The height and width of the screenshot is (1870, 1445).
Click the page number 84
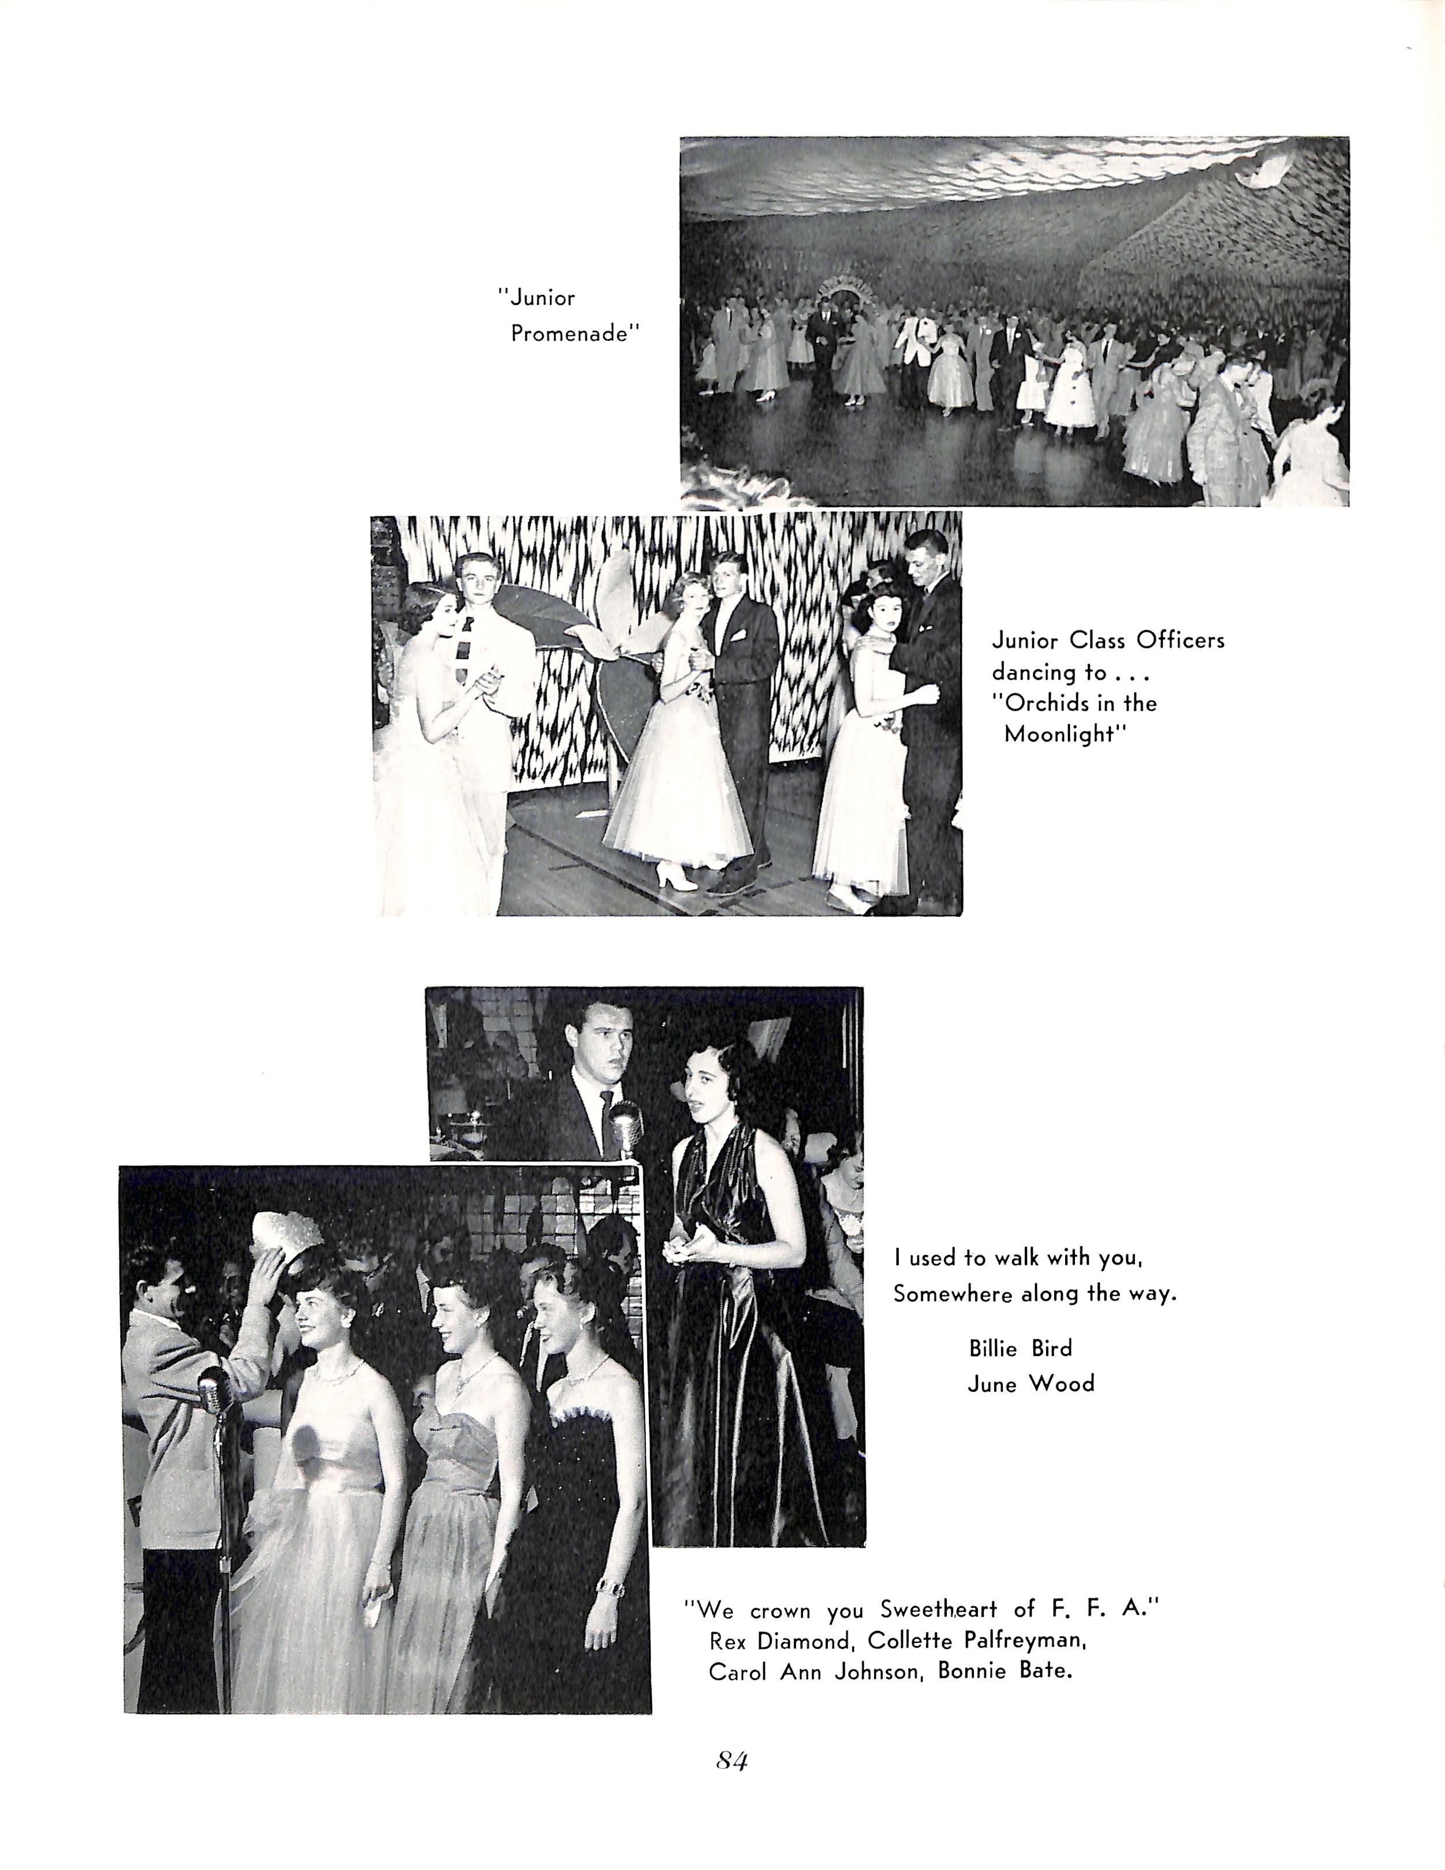pos(732,1762)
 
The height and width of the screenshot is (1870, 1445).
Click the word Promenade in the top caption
pos(575,334)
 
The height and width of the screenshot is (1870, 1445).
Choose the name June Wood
pos(1030,1384)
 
